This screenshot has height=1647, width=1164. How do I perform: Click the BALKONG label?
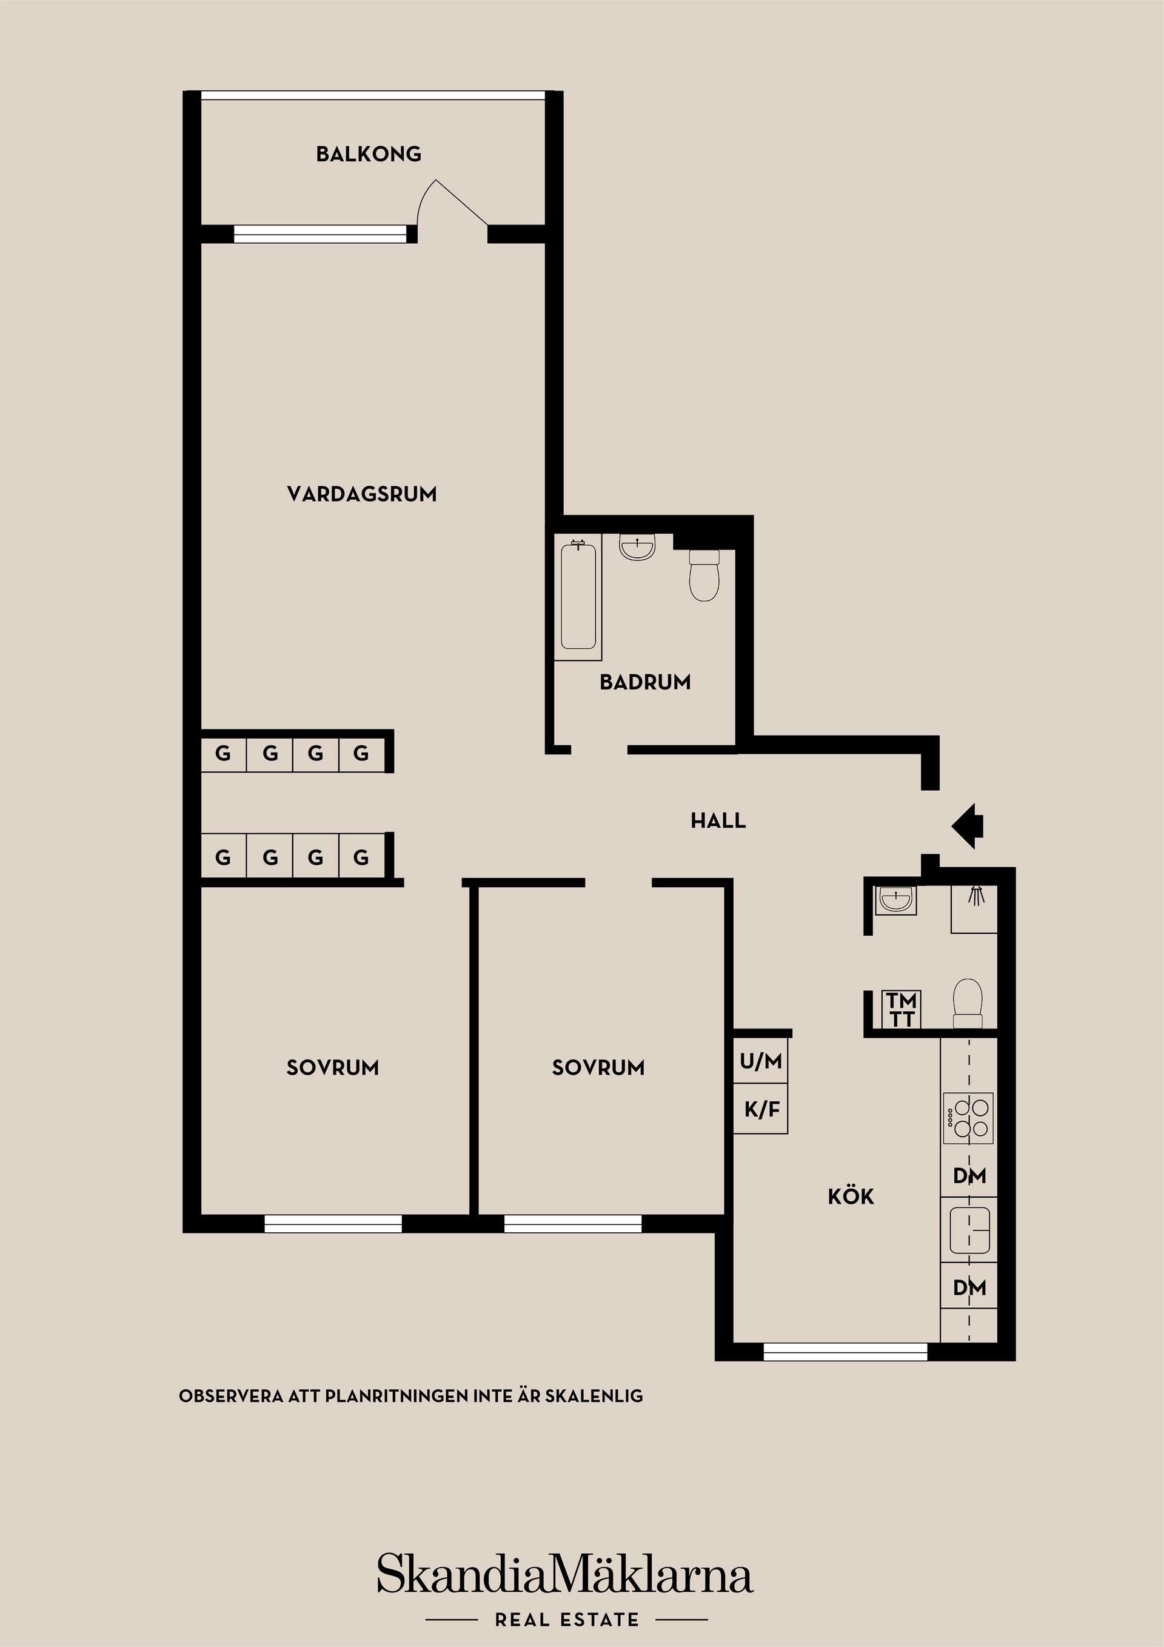[369, 153]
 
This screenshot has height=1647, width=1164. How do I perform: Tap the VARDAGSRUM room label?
[361, 494]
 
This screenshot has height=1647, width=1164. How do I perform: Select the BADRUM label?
[645, 682]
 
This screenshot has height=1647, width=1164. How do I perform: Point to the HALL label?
[718, 820]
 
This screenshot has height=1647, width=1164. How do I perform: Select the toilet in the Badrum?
[704, 575]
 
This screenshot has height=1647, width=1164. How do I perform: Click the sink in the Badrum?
[637, 548]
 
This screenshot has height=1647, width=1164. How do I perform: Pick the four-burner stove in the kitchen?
[968, 1119]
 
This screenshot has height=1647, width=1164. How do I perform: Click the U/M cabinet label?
[761, 1061]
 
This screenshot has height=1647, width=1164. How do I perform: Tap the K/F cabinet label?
[761, 1110]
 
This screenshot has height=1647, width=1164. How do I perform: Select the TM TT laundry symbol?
[901, 1009]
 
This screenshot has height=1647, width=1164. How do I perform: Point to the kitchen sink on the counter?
[969, 1230]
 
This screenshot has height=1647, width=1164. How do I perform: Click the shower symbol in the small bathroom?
[975, 895]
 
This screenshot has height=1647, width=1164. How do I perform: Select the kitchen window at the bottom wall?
[845, 1352]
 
